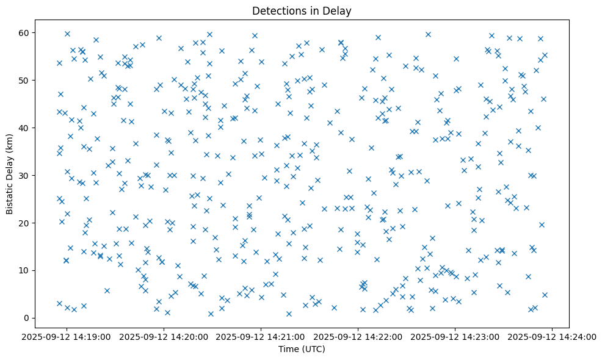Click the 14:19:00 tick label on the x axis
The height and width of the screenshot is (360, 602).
click(x=67, y=336)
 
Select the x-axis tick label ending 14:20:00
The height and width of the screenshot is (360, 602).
click(x=164, y=336)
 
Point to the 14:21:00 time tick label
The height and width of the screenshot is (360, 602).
click(x=261, y=336)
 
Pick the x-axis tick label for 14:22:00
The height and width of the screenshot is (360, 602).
click(x=358, y=336)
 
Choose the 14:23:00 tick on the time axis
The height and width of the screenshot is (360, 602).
click(x=455, y=336)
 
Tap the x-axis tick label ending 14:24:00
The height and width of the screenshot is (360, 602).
click(x=552, y=336)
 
